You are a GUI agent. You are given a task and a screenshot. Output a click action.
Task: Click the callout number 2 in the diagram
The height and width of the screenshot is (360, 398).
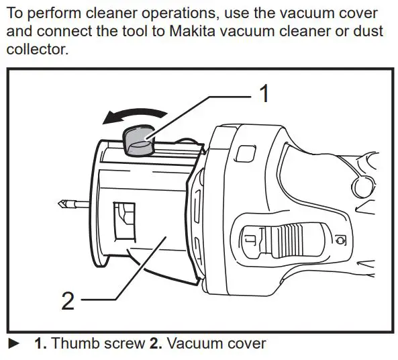point(67,301)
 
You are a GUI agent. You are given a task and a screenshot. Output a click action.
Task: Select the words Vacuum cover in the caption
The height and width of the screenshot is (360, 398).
point(216,343)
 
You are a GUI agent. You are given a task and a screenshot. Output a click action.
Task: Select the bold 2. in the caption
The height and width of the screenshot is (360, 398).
point(155,343)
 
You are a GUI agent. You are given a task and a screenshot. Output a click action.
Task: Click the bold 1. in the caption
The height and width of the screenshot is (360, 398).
point(41,343)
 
